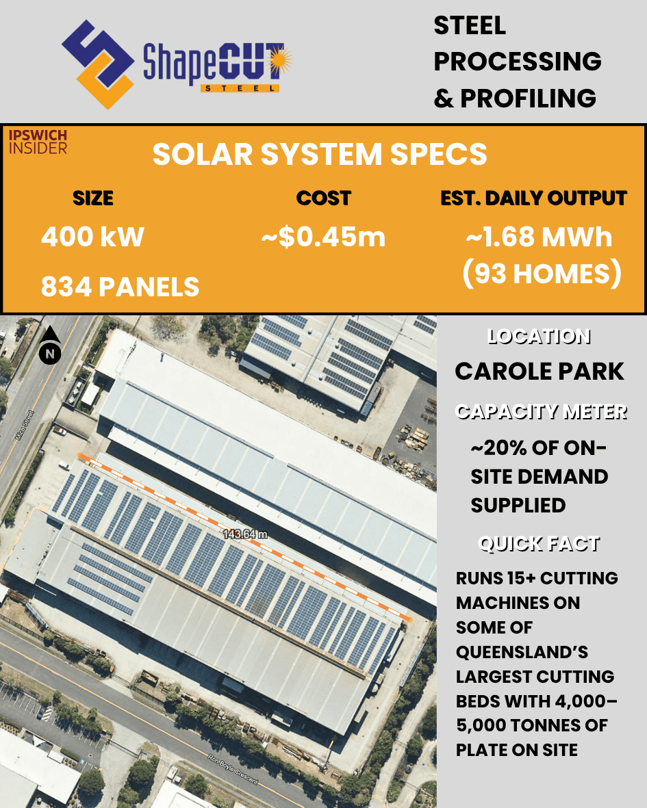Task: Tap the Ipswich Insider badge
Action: pyautogui.click(x=38, y=141)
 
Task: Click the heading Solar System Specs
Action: pyautogui.click(x=320, y=155)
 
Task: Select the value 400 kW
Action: pyautogui.click(x=92, y=237)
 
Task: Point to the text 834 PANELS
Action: pyautogui.click(x=120, y=287)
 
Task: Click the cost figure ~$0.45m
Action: pyautogui.click(x=323, y=237)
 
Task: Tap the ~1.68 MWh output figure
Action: pyautogui.click(x=539, y=237)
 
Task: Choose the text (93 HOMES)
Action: pyautogui.click(x=542, y=274)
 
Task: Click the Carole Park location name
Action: pyautogui.click(x=540, y=371)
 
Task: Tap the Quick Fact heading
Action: pyautogui.click(x=539, y=544)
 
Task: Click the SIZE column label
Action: pyautogui.click(x=93, y=198)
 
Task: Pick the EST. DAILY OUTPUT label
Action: pyautogui.click(x=533, y=198)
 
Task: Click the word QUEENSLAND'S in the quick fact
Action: pyautogui.click(x=522, y=652)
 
